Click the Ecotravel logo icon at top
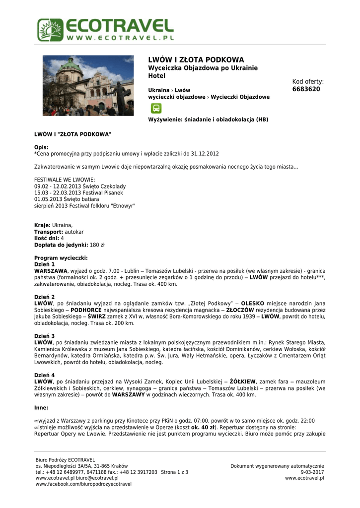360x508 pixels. click(50, 30)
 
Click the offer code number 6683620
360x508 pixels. click(306, 89)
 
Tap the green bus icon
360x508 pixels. click(155, 109)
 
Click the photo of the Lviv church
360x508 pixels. click(88, 85)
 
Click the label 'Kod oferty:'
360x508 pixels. click(308, 81)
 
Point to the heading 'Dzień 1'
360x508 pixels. click(44, 264)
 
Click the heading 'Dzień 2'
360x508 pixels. click(44, 297)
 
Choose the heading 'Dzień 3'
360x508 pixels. click(44, 336)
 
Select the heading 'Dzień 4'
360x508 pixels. click(44, 375)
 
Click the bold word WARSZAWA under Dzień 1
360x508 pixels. click(51, 271)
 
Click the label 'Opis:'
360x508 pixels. click(41, 148)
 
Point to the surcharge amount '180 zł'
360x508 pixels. click(97, 245)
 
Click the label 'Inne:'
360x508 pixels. click(41, 408)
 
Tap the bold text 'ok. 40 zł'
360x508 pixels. click(205, 427)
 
